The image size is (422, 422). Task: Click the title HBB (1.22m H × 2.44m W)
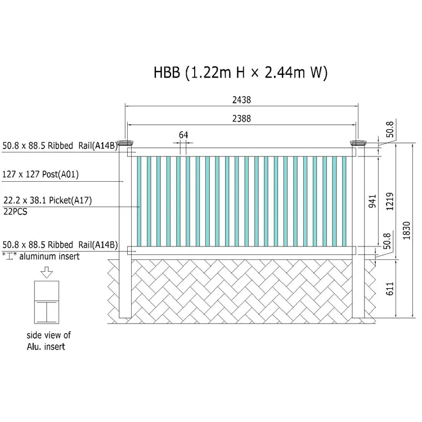click(x=240, y=73)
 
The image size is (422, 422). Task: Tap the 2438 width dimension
click(x=242, y=100)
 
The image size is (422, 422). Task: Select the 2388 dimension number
click(x=242, y=118)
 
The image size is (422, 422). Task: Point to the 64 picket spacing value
click(x=183, y=135)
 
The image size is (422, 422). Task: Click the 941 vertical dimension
click(x=372, y=201)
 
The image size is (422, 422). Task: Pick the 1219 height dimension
click(x=390, y=201)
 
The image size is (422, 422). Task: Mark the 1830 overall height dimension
click(x=406, y=230)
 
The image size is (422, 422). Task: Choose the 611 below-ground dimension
click(x=390, y=289)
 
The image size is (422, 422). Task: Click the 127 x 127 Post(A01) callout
click(x=41, y=174)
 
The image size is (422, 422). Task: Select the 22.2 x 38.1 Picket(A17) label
click(x=48, y=200)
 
